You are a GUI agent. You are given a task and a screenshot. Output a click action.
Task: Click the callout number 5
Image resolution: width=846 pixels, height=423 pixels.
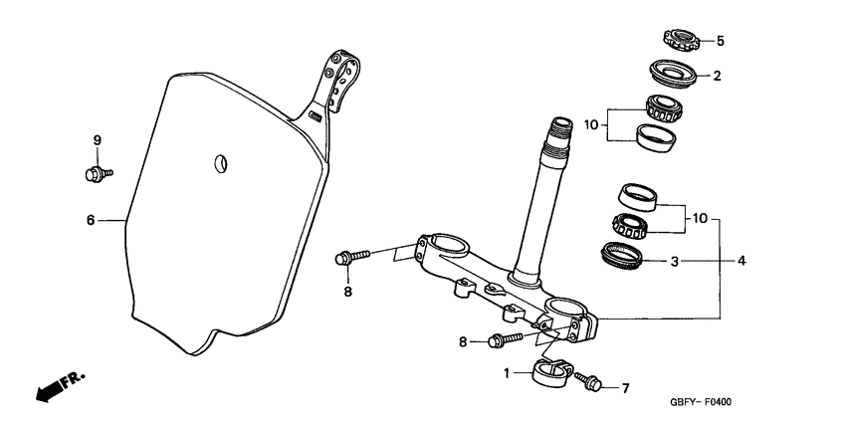pyautogui.click(x=721, y=42)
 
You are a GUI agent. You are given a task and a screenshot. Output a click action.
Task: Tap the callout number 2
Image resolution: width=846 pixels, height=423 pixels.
pyautogui.click(x=716, y=75)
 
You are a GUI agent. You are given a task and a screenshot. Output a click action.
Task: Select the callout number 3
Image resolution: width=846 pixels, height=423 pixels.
pyautogui.click(x=674, y=263)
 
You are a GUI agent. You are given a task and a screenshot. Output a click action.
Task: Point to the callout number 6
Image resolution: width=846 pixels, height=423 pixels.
pyautogui.click(x=90, y=220)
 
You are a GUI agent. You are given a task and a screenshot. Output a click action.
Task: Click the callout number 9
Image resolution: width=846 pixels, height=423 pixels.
pyautogui.click(x=98, y=140)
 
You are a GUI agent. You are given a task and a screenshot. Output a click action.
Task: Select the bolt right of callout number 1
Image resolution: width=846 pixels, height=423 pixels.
pyautogui.click(x=589, y=382)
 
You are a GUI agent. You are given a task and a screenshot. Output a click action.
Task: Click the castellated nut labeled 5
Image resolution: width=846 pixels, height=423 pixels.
pyautogui.click(x=679, y=42)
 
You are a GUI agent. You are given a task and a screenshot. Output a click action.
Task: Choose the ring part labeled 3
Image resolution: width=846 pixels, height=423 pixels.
pyautogui.click(x=625, y=256)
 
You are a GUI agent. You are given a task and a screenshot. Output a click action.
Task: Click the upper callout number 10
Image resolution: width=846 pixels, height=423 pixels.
pyautogui.click(x=590, y=126)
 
